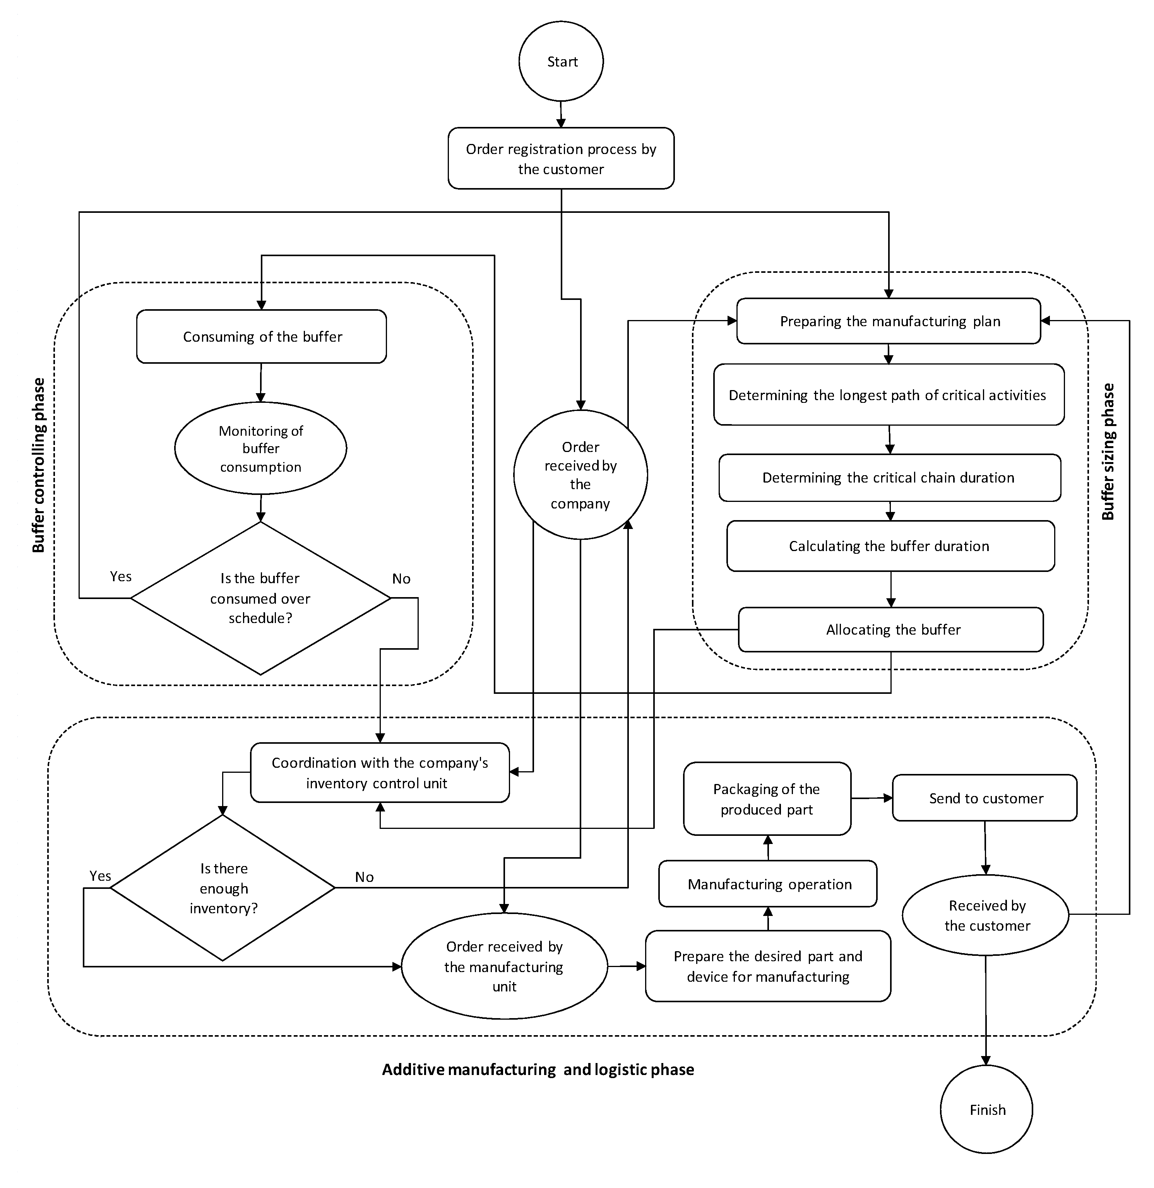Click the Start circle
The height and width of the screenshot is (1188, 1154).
coord(561,61)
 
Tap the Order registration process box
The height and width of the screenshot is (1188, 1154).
coord(561,158)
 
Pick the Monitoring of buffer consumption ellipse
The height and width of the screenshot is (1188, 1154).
coord(260,448)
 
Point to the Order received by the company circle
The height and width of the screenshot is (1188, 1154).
coord(580,474)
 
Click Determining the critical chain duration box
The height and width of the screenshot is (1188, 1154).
coord(889,478)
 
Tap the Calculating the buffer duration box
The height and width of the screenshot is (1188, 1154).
coord(890,546)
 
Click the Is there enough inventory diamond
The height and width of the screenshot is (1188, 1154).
coord(223,888)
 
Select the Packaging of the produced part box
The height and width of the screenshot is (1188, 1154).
coord(767,799)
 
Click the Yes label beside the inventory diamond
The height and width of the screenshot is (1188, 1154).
coord(100,875)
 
